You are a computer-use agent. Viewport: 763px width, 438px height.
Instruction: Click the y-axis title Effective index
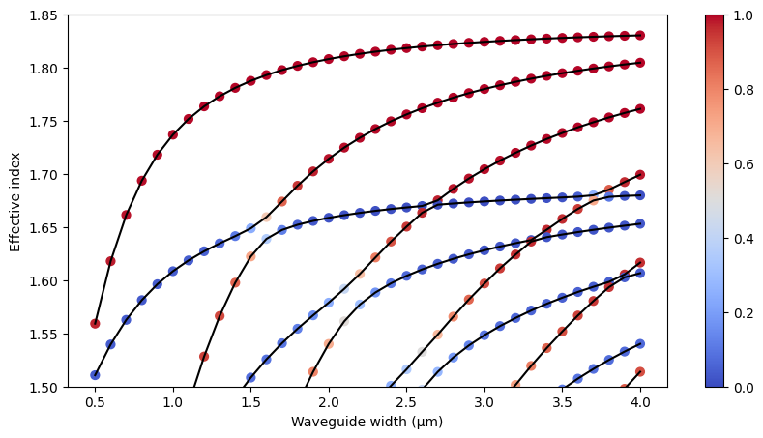tap(15, 201)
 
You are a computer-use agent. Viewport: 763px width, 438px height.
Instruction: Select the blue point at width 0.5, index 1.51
tap(95, 375)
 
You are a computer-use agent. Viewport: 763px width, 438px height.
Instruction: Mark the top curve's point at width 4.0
tap(640, 36)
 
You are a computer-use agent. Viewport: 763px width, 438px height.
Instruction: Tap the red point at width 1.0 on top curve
tap(173, 134)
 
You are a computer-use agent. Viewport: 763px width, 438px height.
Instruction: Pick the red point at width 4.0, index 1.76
tap(640, 109)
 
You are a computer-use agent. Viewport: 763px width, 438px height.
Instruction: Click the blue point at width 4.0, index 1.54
tap(640, 343)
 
